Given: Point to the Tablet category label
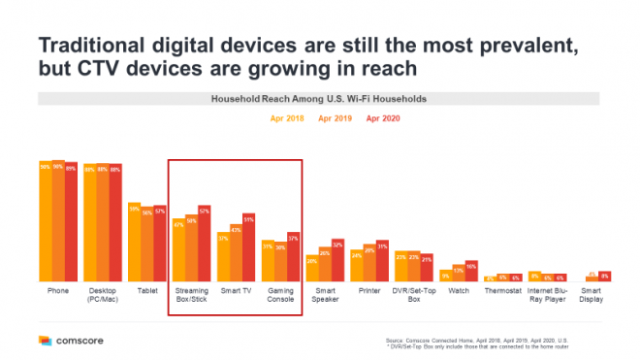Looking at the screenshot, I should click(146, 289).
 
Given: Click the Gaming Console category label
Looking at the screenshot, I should click(280, 293).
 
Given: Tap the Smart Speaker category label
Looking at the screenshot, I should click(325, 293).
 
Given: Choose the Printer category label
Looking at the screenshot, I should click(368, 289).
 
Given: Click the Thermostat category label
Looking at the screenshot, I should click(502, 289).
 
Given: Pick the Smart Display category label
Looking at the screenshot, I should click(592, 293).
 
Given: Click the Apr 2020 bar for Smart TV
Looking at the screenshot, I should click(248, 247).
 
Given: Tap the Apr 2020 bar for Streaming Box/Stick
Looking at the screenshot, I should click(204, 243).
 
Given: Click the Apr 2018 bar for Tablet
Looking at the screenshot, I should click(134, 243).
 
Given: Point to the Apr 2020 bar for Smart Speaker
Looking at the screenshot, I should click(337, 260).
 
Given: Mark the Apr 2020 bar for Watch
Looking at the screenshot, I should click(471, 271).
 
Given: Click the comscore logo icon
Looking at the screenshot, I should click(45, 341).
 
